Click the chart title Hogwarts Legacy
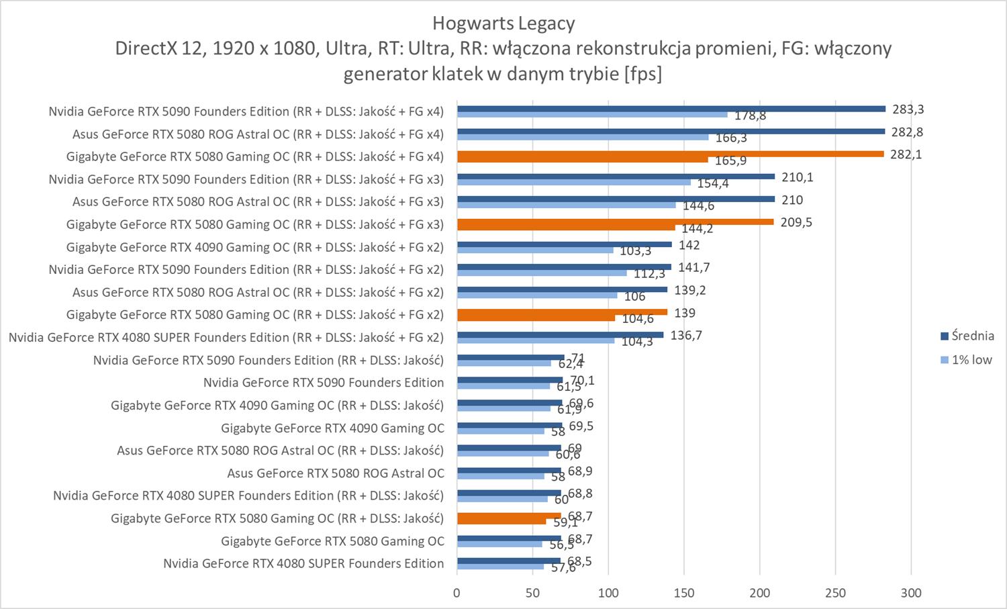(503, 24)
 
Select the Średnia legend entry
(967, 336)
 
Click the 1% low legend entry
(966, 360)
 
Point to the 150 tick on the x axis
(684, 593)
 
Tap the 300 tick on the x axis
(911, 593)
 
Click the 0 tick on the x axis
(457, 593)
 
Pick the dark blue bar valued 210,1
(616, 177)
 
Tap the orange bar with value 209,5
(615, 222)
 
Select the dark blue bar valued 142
(564, 244)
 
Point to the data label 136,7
(686, 335)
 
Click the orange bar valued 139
(562, 312)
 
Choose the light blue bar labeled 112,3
(542, 273)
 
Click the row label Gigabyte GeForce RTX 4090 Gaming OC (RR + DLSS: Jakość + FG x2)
(255, 247)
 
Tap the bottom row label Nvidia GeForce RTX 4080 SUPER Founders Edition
(303, 563)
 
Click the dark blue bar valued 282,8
(671, 132)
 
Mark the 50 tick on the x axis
(533, 593)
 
